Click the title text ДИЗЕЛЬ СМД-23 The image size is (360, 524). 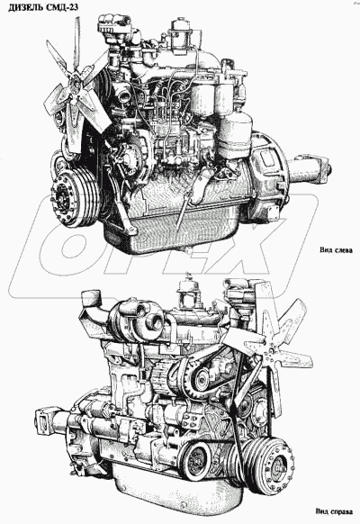tap(43, 7)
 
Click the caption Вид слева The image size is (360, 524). tap(336, 250)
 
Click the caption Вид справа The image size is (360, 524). tap(334, 511)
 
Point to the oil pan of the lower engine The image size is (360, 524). tap(174, 492)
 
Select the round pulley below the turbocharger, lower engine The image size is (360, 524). tap(198, 378)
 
